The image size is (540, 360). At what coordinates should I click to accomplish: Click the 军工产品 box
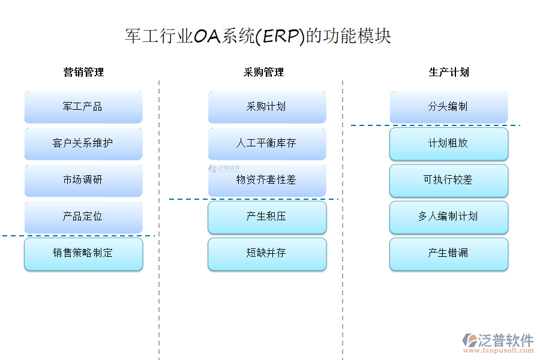coord(83,107)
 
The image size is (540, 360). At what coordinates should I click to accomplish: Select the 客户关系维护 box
coord(83,143)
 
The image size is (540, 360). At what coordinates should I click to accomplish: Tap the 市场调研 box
coord(83,180)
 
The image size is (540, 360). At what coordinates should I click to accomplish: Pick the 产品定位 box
coord(83,217)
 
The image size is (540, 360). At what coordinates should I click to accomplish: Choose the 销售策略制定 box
coord(83,254)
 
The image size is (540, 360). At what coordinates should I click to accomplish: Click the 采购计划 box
coord(267,107)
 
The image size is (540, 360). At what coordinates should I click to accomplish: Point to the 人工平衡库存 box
coord(267,143)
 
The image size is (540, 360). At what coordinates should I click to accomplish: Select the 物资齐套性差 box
coord(267,180)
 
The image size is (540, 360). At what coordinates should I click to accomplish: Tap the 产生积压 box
coord(267,217)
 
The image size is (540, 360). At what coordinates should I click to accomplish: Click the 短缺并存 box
coord(267,254)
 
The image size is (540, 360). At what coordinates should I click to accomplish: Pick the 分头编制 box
coord(448,107)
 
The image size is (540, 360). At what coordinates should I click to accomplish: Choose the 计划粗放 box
coord(448,143)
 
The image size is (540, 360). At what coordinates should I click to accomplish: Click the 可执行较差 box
coord(448,180)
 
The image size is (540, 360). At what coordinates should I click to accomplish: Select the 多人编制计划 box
coord(448,217)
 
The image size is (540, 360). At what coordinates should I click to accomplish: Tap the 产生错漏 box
coord(448,254)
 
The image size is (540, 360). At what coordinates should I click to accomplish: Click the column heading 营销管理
coord(83,73)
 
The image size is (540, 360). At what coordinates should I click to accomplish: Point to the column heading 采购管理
coord(263,73)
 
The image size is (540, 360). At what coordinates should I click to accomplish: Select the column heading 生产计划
coord(449,73)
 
